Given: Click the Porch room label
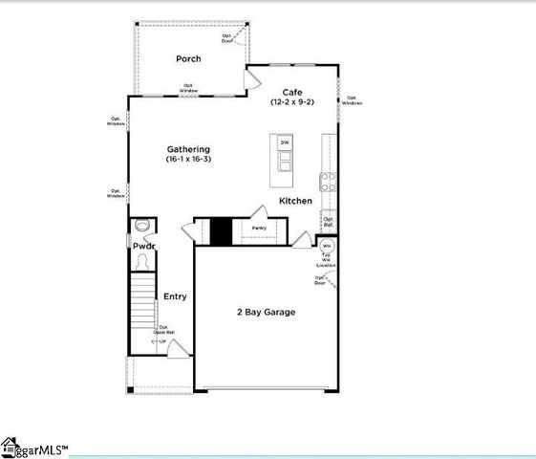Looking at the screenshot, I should (x=187, y=59).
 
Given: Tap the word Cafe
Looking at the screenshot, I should (x=291, y=91).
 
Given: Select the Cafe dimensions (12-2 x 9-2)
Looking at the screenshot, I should (x=291, y=101).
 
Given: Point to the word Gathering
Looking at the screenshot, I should (x=188, y=149).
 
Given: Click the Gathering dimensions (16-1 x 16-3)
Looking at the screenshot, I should (x=188, y=160).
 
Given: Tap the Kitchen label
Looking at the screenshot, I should (x=295, y=201).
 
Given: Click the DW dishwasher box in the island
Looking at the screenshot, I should (x=284, y=143).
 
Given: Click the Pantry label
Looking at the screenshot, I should (x=259, y=229).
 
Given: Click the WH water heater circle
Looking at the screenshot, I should (x=326, y=246).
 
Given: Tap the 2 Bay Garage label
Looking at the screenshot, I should (x=266, y=313).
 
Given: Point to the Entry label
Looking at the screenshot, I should (x=175, y=296).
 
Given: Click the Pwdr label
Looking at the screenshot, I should (x=143, y=247).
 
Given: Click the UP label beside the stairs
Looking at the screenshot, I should (x=161, y=340).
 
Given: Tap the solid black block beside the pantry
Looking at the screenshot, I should (x=221, y=231).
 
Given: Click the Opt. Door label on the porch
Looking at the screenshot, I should (x=227, y=39).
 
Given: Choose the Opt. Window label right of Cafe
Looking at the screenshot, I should (x=352, y=100).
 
